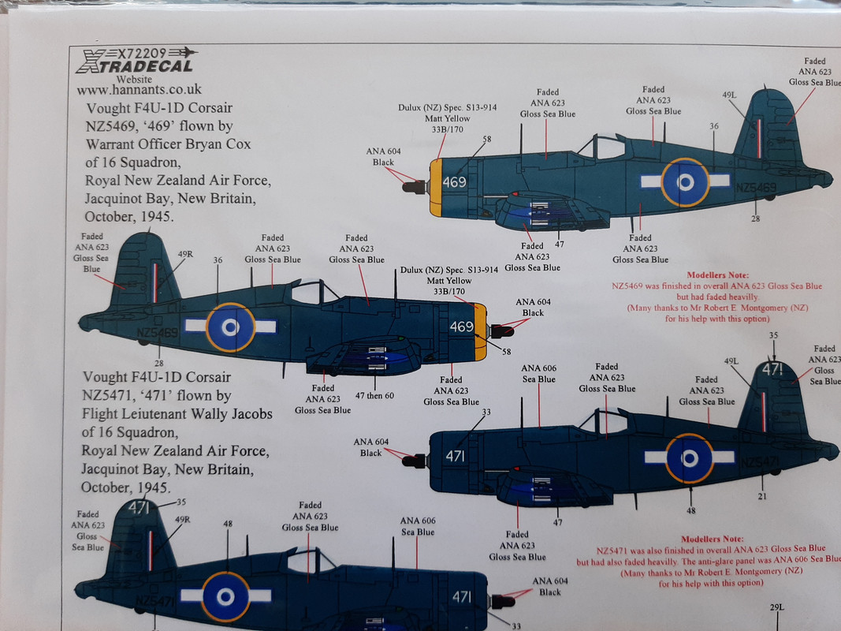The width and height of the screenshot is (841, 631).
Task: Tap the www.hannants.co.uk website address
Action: click(x=140, y=89)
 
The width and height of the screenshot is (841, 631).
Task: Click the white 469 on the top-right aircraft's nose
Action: click(x=455, y=181)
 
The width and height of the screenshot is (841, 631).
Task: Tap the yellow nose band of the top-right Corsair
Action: click(x=435, y=187)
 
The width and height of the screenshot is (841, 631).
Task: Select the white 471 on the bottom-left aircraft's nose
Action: click(x=463, y=598)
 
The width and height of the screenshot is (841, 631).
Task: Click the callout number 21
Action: click(x=761, y=496)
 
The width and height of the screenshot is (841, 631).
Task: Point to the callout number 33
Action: click(x=486, y=413)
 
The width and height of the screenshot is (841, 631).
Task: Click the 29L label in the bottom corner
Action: click(x=776, y=607)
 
